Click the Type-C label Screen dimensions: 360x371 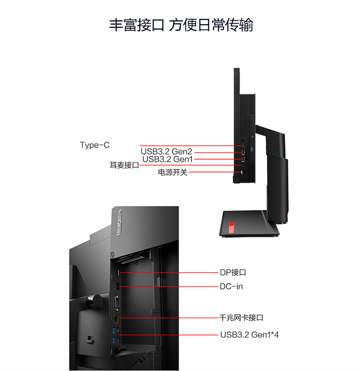coord(95,145)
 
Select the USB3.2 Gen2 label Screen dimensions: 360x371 coord(167,151)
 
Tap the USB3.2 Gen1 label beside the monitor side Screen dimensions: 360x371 coord(168,159)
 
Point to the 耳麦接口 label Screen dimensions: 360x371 coord(124,165)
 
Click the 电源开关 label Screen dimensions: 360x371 coord(172,172)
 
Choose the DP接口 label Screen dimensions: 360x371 coord(233,272)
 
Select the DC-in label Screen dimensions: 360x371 coord(231,286)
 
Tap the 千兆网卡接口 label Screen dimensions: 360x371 coord(241,318)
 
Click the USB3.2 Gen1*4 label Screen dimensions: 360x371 coord(250,335)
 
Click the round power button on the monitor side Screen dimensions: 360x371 coord(242,172)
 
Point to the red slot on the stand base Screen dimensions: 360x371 coord(232,227)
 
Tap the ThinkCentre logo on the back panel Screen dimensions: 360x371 coord(120,223)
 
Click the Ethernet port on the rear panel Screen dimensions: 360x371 coord(116,319)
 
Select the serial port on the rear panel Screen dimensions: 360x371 coord(116,303)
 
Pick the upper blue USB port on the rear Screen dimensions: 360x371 coord(115,330)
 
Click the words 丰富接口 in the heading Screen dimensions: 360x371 coord(136,25)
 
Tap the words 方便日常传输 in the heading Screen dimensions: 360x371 coord(211,25)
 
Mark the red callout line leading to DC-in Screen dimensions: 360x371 coord(169,286)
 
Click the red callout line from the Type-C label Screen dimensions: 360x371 coord(191,146)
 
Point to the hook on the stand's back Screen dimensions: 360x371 coord(90,340)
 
